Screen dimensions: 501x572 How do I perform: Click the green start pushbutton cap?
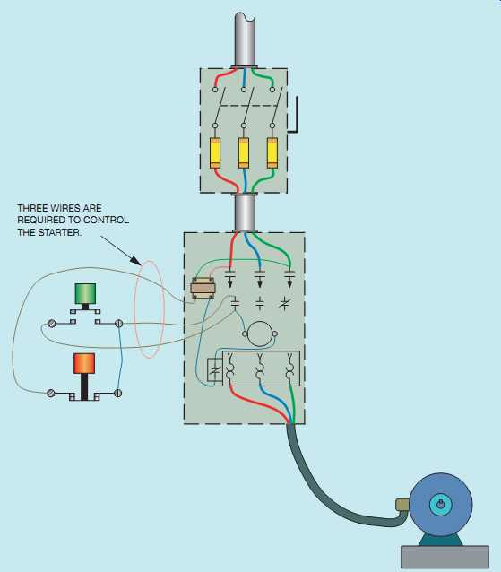(x=85, y=294)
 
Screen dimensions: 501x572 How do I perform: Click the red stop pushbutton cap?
(x=84, y=363)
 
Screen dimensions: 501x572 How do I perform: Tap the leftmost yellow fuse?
(x=215, y=152)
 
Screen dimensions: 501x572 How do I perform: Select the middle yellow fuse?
(x=244, y=152)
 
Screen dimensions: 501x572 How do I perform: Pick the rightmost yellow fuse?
(x=272, y=152)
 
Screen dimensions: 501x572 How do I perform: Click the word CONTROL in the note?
(x=106, y=221)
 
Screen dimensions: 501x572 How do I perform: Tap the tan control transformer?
(x=203, y=289)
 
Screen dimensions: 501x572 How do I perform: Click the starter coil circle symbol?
(x=260, y=334)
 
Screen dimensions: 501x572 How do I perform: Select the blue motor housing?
(x=440, y=506)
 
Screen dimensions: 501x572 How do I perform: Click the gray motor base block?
(x=445, y=557)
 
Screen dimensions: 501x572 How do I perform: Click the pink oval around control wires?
(x=134, y=309)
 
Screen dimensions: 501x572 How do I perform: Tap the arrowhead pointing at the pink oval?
(x=136, y=261)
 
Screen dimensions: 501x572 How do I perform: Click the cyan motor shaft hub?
(x=440, y=506)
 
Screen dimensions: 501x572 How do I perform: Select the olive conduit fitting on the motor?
(x=402, y=505)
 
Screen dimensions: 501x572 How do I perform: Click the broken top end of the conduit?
(x=245, y=17)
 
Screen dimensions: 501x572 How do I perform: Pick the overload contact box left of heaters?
(x=215, y=370)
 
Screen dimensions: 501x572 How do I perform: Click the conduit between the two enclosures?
(x=245, y=213)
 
